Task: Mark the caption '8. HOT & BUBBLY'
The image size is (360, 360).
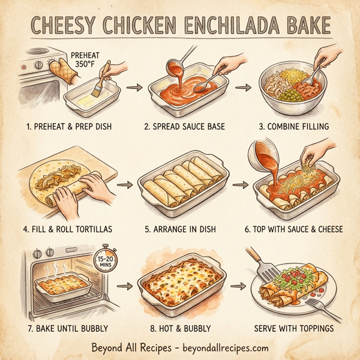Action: click(179, 328)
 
